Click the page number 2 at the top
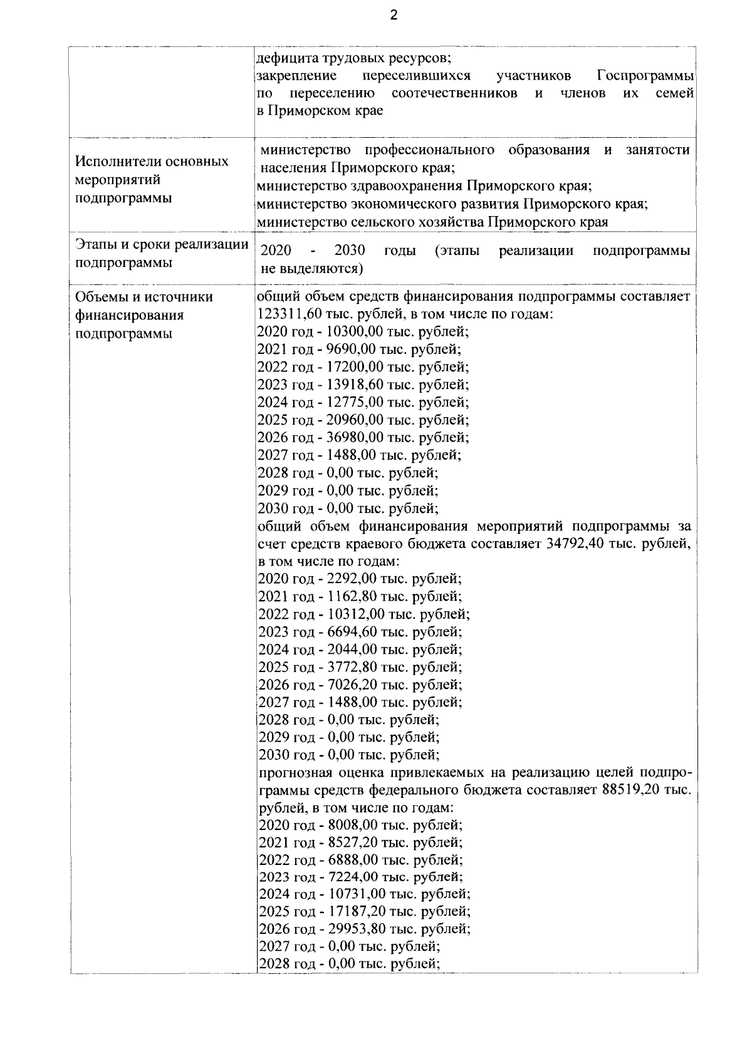point(394,16)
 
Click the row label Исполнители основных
point(152,162)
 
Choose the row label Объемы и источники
point(144,297)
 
